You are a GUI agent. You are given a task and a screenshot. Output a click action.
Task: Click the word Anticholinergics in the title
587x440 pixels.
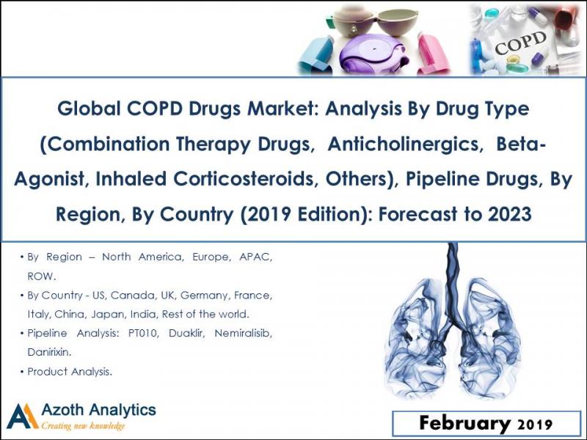[398, 144]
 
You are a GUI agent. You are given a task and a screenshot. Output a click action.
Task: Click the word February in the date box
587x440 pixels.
[465, 423]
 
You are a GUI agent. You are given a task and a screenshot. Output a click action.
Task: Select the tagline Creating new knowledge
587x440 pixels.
[84, 426]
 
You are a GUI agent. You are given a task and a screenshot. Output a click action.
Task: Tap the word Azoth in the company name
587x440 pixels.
[65, 410]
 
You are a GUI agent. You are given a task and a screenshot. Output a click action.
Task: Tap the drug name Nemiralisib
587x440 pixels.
[239, 334]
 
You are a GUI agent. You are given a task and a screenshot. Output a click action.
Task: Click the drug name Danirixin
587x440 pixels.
[51, 353]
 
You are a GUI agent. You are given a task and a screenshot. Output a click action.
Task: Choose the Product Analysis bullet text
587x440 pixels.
[70, 372]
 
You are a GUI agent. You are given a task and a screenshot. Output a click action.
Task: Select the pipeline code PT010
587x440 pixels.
[144, 334]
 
